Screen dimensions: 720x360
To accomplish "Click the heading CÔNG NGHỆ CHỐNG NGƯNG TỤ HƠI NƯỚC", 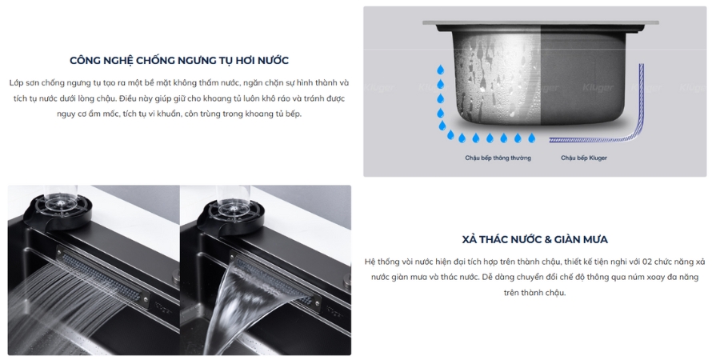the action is click(179, 61).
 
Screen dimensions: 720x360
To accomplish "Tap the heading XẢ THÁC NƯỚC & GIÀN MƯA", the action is click(534, 239).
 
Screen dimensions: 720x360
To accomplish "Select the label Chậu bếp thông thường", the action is click(498, 158).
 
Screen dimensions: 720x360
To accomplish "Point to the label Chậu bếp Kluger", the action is click(584, 158).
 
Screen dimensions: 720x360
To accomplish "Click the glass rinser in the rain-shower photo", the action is click(59, 210).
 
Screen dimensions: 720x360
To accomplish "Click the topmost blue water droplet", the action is click(440, 70).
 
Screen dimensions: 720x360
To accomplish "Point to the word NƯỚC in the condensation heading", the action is click(273, 61).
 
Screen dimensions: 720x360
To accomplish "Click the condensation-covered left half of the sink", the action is click(496, 78).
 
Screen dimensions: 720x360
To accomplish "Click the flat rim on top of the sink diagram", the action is click(541, 22).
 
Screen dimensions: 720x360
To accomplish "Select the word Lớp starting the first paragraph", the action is click(17, 83).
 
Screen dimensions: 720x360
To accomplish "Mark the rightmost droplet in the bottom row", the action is click(532, 138).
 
